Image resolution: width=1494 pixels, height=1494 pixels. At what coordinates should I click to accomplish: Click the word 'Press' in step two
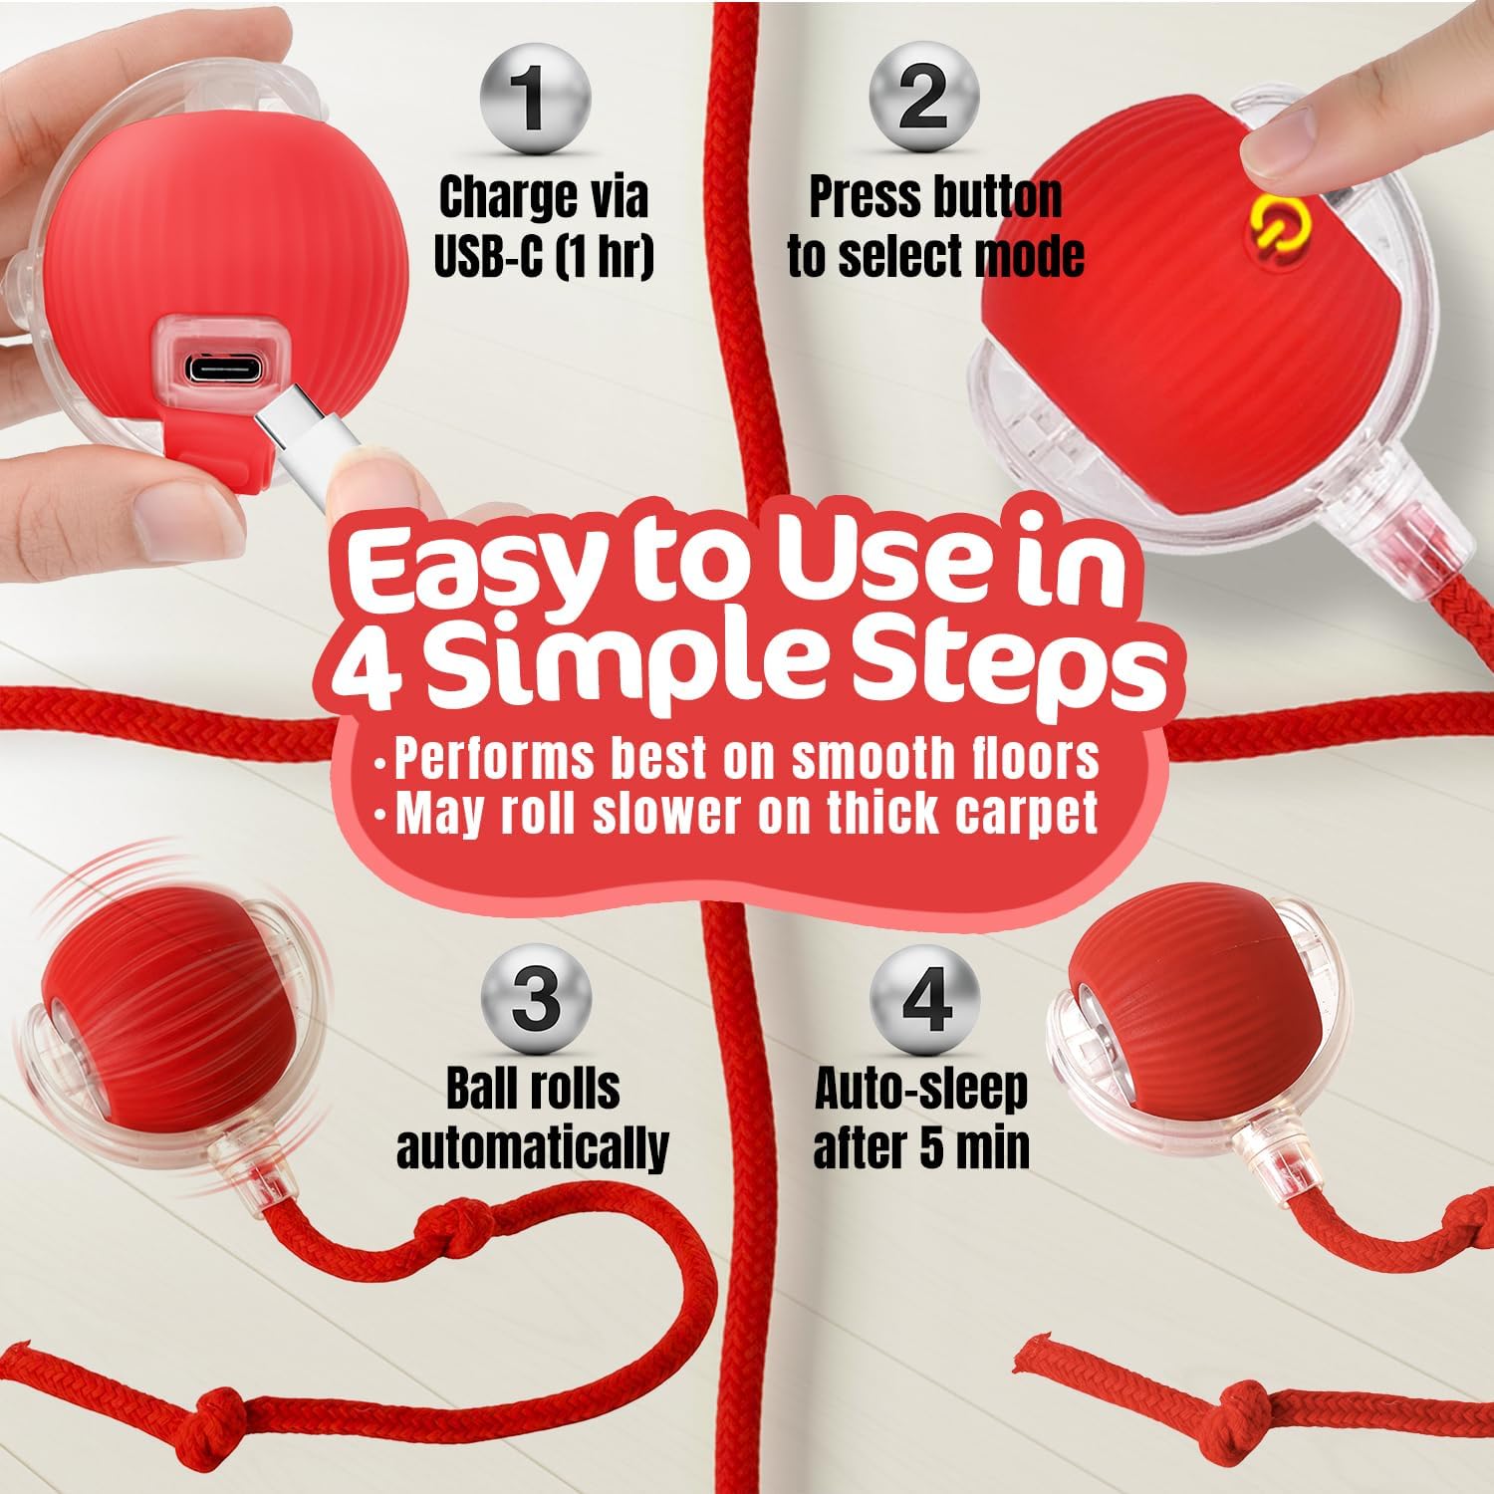coord(861,197)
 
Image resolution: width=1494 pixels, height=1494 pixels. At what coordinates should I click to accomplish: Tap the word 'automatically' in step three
coord(533,1147)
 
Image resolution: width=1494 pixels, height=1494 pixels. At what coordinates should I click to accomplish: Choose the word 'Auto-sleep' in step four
coord(921,1090)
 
